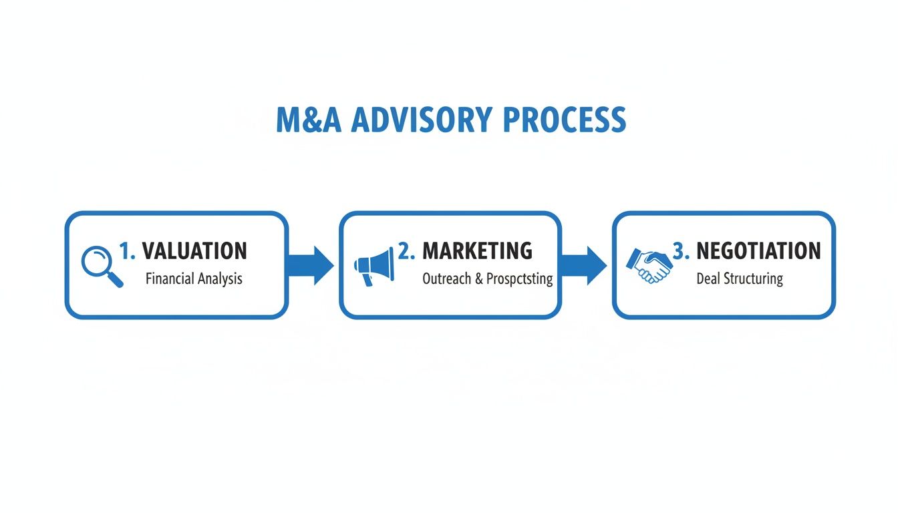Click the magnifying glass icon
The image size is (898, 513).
(x=101, y=266)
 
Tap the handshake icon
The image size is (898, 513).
(x=649, y=265)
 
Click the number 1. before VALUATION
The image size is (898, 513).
(x=127, y=251)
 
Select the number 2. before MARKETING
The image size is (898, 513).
(x=406, y=251)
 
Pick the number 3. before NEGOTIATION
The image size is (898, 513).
(x=681, y=251)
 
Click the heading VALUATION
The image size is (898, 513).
(x=194, y=251)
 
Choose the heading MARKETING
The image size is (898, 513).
(x=477, y=251)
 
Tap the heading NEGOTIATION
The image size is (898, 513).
(x=758, y=251)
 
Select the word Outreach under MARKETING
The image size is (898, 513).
(x=447, y=279)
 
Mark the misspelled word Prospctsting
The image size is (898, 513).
(x=520, y=279)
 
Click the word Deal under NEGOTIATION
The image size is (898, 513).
(x=708, y=279)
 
